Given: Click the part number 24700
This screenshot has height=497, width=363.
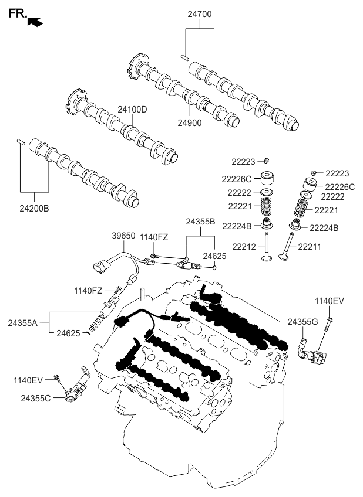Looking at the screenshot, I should [200, 13].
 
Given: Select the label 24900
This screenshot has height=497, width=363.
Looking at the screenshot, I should [189, 123].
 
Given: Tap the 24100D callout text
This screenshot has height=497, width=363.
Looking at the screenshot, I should [132, 110].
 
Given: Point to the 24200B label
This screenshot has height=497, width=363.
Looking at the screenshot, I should [33, 207].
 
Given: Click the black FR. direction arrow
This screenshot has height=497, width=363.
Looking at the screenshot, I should [36, 22].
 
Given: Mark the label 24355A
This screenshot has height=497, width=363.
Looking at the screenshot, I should [23, 322].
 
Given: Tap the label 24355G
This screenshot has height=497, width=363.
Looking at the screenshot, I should [302, 322].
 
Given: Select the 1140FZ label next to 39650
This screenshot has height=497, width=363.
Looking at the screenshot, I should [154, 237].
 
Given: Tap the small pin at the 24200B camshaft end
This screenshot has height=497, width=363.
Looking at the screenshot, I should [21, 141].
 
